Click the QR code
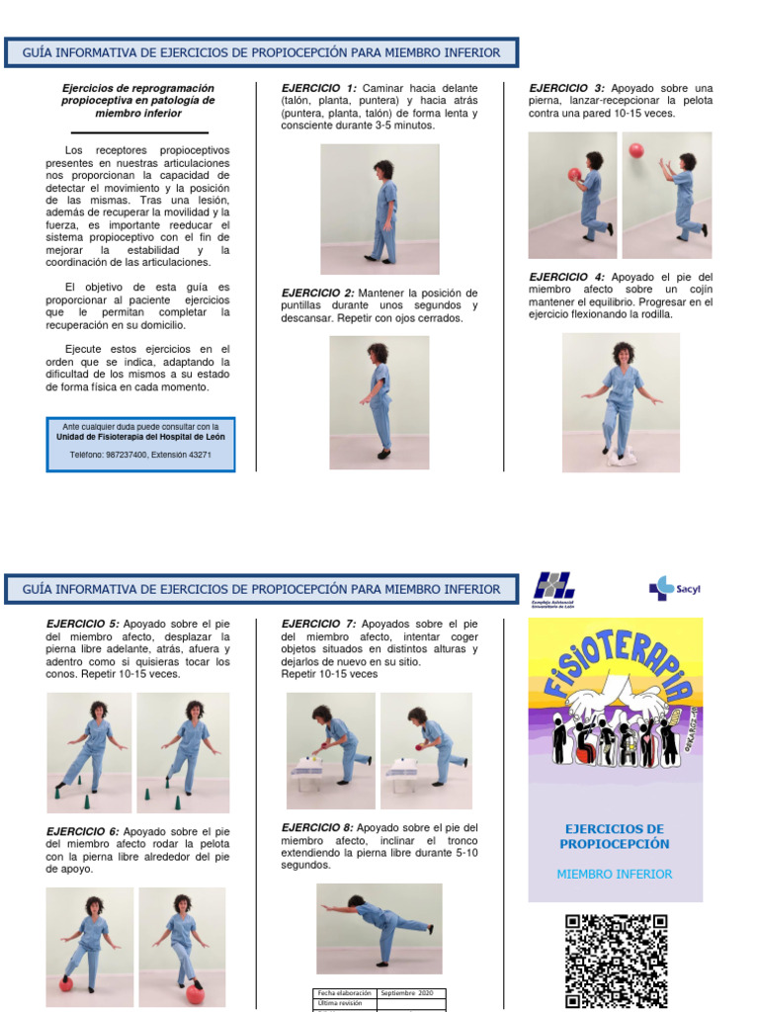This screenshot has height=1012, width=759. [616, 960]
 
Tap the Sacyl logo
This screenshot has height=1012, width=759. [674, 589]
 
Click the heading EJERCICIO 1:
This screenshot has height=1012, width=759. [319, 88]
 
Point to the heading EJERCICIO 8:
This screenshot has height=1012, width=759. [317, 827]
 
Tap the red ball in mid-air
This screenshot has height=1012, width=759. [636, 149]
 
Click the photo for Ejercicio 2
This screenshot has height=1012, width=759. [379, 402]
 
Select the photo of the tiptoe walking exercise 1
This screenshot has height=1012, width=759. [379, 209]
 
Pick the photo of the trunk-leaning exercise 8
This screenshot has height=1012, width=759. [379, 928]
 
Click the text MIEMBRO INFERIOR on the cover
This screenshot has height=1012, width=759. [615, 875]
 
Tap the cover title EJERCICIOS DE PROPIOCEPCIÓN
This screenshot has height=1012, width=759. [615, 836]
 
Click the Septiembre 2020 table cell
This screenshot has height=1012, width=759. [411, 992]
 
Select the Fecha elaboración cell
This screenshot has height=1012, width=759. [344, 992]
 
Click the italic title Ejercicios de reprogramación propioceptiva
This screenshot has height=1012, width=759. [138, 101]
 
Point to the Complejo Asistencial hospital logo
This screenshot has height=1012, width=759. [553, 590]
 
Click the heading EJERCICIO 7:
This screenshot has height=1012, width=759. [318, 624]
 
